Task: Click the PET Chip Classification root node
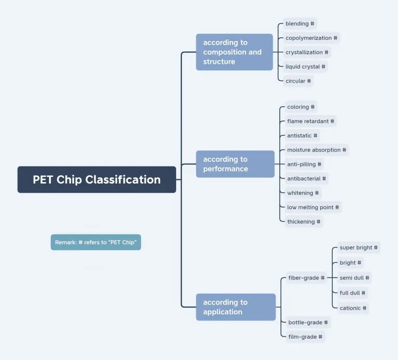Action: point(96,179)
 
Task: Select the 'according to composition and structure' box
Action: point(234,52)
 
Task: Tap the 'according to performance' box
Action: point(235,164)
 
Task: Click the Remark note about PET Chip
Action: point(96,242)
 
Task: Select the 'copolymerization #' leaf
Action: point(311,38)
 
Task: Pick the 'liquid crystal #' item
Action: point(305,66)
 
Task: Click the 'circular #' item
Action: point(298,81)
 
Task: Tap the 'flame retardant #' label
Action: point(310,121)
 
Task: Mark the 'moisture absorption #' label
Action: point(317,150)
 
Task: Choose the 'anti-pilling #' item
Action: point(304,164)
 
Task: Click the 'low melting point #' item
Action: point(313,207)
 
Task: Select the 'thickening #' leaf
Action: point(304,221)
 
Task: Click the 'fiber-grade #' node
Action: point(306,278)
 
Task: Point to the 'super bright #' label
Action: point(359,247)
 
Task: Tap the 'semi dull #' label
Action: point(354,278)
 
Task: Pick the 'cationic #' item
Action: point(353,308)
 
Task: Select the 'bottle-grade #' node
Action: point(308,323)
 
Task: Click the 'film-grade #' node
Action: point(305,337)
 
